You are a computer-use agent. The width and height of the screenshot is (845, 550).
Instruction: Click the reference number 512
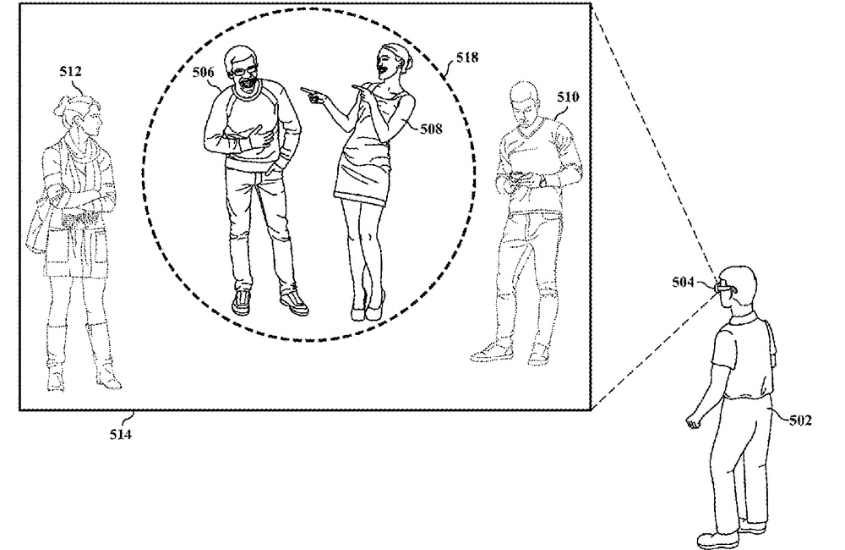point(71,72)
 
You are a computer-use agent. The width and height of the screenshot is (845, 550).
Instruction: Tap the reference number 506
point(203,72)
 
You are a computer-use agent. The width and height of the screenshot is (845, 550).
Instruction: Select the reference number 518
point(466,58)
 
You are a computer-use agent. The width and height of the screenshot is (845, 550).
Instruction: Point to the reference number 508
point(431,129)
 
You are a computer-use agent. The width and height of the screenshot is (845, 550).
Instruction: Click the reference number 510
point(568,97)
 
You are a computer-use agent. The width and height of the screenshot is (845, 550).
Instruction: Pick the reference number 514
point(120,434)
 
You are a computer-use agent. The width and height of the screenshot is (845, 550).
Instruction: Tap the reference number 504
point(683,282)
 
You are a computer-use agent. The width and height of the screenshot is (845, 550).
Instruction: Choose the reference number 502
point(800,420)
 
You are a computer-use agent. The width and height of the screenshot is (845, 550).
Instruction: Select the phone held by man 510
point(520,175)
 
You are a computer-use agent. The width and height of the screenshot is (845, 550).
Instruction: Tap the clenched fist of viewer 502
point(693,421)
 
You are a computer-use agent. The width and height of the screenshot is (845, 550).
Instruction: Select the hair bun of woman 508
point(407,62)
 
